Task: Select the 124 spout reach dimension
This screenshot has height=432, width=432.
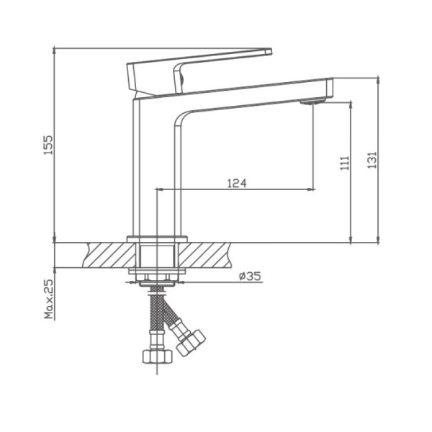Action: pos(237,183)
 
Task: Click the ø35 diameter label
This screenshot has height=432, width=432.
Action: pos(248,276)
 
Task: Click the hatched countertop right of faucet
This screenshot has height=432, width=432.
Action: pos(213,255)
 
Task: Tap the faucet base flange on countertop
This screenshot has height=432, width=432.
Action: pos(157,238)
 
